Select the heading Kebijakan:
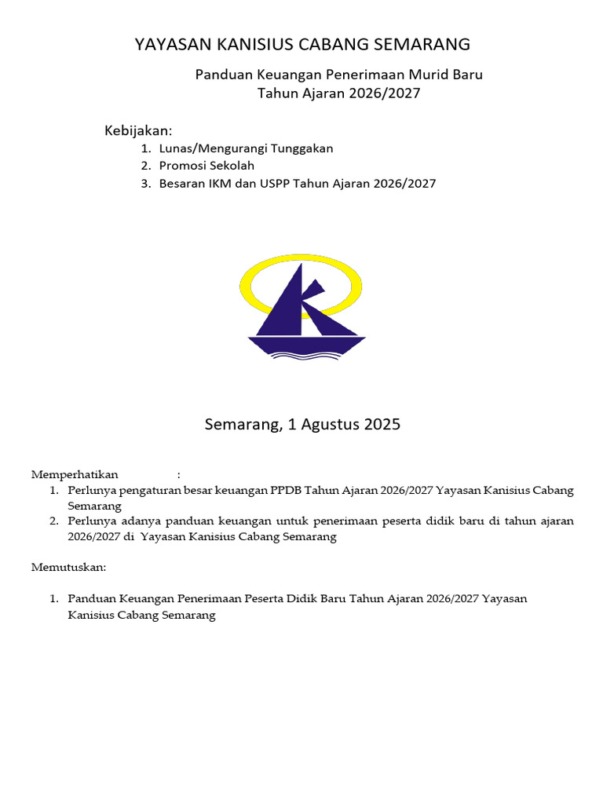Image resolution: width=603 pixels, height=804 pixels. pos(138,130)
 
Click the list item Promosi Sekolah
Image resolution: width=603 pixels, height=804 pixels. pos(206,166)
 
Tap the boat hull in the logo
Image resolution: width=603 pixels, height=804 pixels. pos(307,345)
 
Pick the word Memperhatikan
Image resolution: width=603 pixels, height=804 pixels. pos(75,474)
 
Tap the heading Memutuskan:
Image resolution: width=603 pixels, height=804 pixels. pos(68,567)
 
